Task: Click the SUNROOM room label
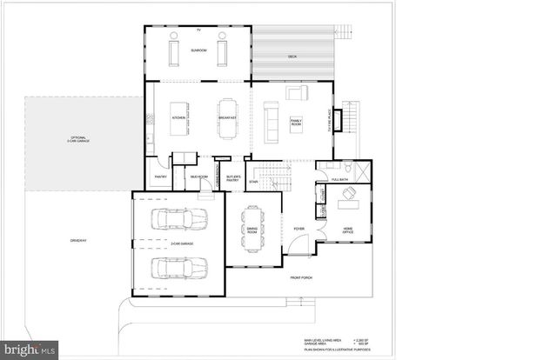click(x=198, y=51)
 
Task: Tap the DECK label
click(x=292, y=57)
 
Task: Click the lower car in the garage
click(x=178, y=267)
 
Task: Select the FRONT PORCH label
click(x=301, y=278)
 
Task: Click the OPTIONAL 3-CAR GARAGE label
click(x=80, y=139)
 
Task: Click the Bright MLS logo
click(x=29, y=350)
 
